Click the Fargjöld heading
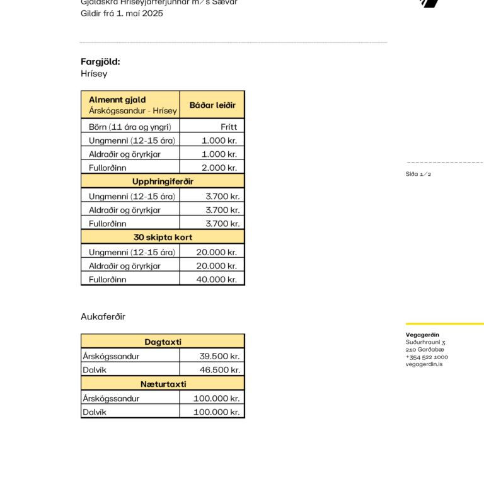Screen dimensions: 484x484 [100, 62]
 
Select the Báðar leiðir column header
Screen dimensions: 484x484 [212, 105]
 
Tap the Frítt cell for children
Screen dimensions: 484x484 [229, 127]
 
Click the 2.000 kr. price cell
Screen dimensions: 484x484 [219, 168]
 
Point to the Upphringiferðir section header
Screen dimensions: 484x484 [163, 181]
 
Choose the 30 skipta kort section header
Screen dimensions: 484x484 [163, 238]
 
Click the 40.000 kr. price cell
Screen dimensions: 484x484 [216, 280]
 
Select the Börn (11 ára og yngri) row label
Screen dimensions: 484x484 [130, 127]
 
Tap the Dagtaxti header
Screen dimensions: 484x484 [163, 342]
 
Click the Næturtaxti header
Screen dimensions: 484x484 [163, 384]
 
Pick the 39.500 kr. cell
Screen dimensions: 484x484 [219, 356]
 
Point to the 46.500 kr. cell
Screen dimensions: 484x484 [219, 370]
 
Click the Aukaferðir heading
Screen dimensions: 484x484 [103, 316]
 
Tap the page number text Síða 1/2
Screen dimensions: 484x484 [418, 174]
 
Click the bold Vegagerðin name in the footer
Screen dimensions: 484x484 [422, 335]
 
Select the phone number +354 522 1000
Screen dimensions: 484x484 [427, 357]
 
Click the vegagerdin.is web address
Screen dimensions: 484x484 [424, 364]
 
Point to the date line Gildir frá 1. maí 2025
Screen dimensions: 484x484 [122, 13]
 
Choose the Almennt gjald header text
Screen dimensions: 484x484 [117, 100]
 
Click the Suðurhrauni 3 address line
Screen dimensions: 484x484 [425, 342]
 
